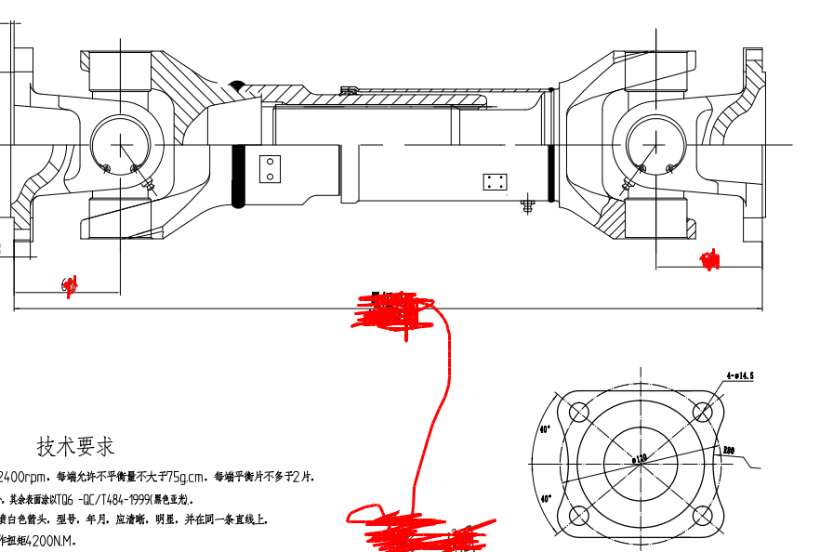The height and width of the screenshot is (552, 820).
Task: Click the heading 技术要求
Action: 75,446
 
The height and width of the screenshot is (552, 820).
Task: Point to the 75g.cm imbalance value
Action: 179,477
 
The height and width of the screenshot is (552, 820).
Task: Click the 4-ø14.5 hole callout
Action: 738,376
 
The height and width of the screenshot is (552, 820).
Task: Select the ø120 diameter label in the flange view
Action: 639,458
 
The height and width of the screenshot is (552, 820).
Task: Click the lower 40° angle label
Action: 545,498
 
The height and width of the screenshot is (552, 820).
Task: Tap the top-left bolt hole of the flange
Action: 576,412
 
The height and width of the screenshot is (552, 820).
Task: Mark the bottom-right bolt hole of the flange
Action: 704,517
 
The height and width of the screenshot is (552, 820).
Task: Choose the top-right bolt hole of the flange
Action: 704,412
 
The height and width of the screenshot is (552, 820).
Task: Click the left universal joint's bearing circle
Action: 121,145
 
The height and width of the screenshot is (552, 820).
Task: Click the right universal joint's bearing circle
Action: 655,145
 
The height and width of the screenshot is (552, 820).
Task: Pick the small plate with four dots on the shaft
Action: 495,181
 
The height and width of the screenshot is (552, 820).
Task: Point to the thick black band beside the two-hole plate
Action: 238,176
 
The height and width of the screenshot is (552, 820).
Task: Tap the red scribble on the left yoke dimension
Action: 68,285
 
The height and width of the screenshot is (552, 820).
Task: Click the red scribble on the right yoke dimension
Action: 710,261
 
